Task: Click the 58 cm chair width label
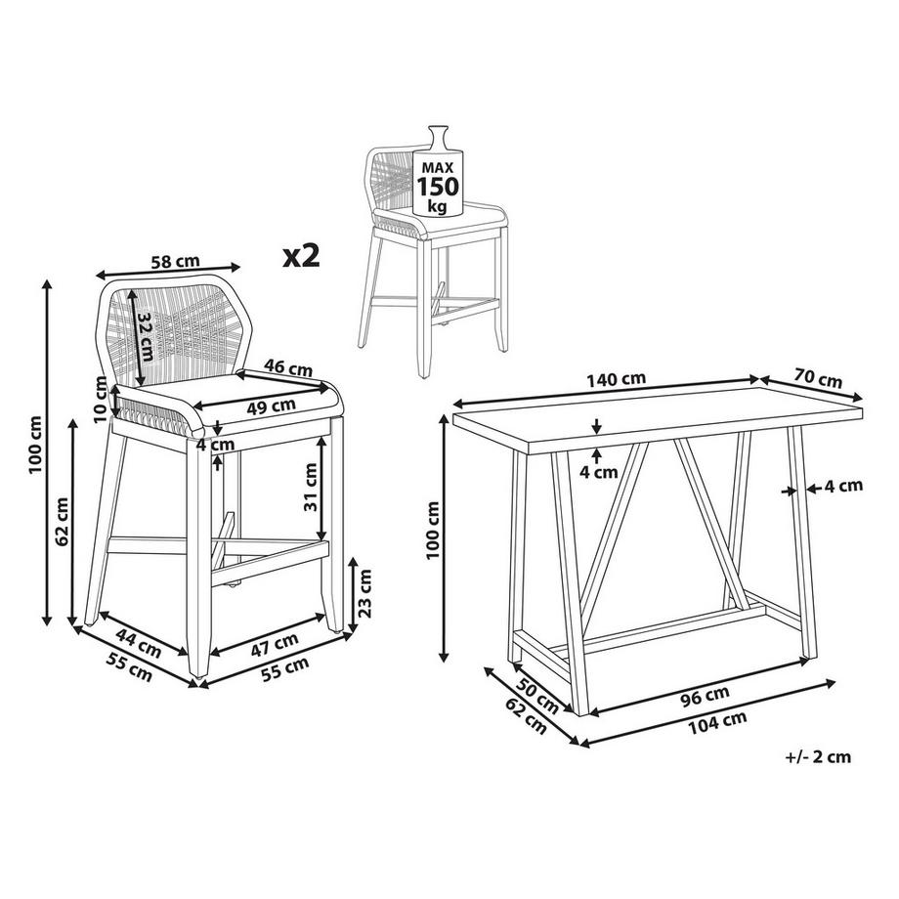point(175,262)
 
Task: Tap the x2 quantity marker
point(301,256)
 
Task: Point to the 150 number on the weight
point(438,187)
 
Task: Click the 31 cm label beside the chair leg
point(310,487)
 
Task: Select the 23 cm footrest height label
point(365,593)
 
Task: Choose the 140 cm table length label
point(617,379)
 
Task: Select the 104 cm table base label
point(717,722)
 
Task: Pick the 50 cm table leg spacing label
point(537,696)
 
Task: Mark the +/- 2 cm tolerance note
point(818,756)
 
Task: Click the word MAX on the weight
point(438,167)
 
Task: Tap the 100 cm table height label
point(433,531)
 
